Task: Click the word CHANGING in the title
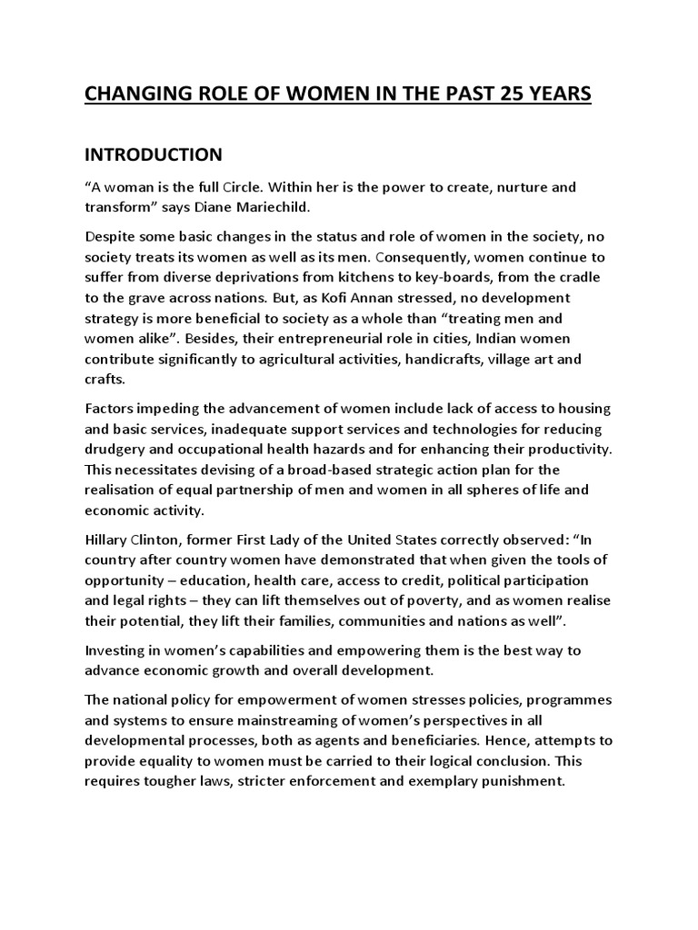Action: (135, 94)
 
